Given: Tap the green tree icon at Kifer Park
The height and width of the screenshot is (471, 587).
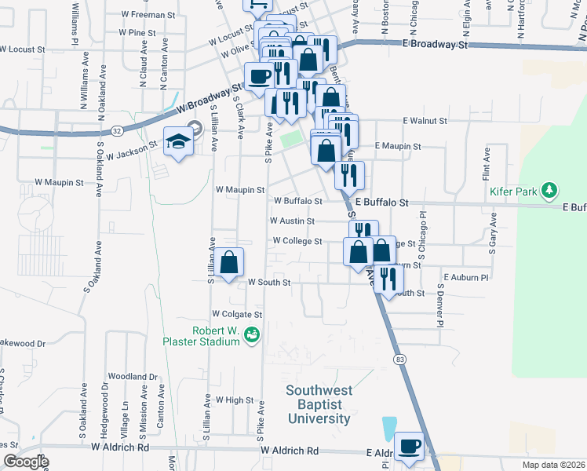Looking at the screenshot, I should (x=551, y=189).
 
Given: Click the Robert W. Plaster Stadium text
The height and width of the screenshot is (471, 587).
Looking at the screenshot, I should (x=201, y=335).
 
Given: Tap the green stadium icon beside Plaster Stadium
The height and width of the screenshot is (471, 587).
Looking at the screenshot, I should (x=253, y=336).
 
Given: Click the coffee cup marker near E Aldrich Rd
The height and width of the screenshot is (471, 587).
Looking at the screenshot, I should (x=409, y=447).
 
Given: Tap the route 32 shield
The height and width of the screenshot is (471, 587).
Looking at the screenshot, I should (x=116, y=130).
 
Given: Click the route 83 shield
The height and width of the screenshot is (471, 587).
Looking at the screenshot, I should (x=400, y=359).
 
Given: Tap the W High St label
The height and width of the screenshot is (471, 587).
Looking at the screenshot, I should (x=235, y=400).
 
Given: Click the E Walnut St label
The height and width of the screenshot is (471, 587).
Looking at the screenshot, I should (x=425, y=121).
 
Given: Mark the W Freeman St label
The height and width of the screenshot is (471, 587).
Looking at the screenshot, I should (x=147, y=15).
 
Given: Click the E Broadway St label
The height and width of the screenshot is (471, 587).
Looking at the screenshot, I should (x=435, y=45).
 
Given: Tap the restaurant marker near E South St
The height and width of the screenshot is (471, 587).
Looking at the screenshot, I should (x=388, y=277).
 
